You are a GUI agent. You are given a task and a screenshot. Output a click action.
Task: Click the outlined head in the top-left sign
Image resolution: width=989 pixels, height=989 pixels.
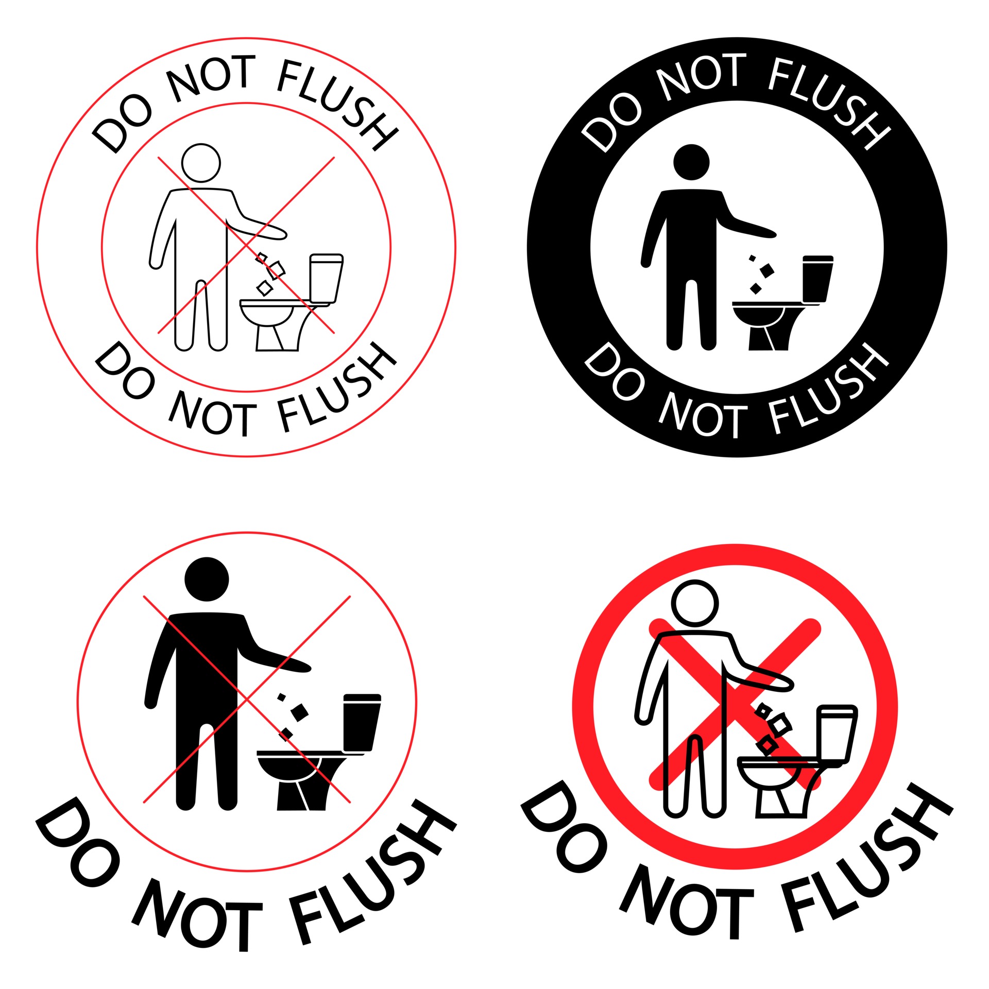click(201, 163)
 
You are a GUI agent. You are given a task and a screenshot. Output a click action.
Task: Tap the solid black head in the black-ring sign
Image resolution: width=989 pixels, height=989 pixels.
click(691, 162)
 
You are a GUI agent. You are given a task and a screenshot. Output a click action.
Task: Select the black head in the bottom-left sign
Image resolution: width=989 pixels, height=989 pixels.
click(207, 579)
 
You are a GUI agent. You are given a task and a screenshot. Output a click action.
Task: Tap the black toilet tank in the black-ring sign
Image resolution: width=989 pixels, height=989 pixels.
click(818, 278)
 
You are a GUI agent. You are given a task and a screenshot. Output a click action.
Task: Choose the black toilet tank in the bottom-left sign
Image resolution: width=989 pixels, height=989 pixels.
click(362, 722)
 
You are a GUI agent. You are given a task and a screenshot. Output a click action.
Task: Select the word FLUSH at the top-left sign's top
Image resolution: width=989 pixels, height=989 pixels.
click(337, 103)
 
